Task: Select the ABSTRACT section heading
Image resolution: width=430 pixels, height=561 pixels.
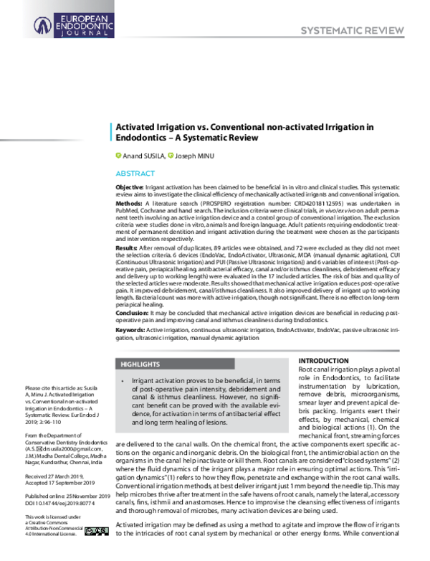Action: point(135,174)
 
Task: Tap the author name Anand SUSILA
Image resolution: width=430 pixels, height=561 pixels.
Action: point(143,155)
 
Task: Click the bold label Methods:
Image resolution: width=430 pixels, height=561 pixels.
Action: point(128,203)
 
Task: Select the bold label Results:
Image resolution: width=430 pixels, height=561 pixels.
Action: point(127,246)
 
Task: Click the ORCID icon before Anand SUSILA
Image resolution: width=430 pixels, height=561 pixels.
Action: point(119,155)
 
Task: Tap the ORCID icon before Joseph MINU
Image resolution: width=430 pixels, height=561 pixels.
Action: point(171,155)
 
